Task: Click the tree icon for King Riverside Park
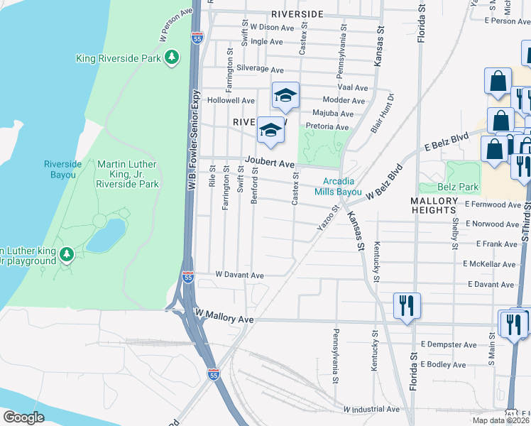(x=171, y=57)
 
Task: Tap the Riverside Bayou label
(x=63, y=169)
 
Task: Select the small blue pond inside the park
(x=106, y=235)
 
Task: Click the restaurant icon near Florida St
(x=407, y=306)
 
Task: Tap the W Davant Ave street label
(x=239, y=275)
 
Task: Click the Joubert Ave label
(x=270, y=163)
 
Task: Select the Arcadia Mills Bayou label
(x=339, y=186)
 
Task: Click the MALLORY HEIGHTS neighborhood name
(x=433, y=206)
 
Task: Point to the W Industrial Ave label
(x=371, y=410)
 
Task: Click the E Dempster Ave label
(x=448, y=344)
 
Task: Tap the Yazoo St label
(x=325, y=224)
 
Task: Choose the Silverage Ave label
(x=260, y=70)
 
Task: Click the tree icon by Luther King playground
(x=67, y=254)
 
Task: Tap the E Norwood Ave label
(x=493, y=224)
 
